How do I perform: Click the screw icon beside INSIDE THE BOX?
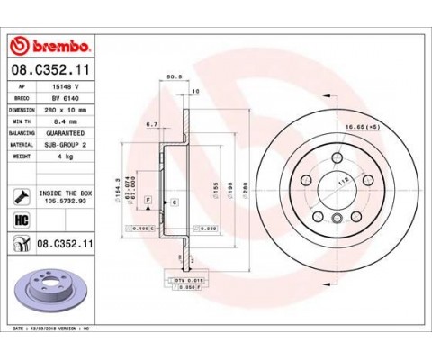point(18,193)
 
